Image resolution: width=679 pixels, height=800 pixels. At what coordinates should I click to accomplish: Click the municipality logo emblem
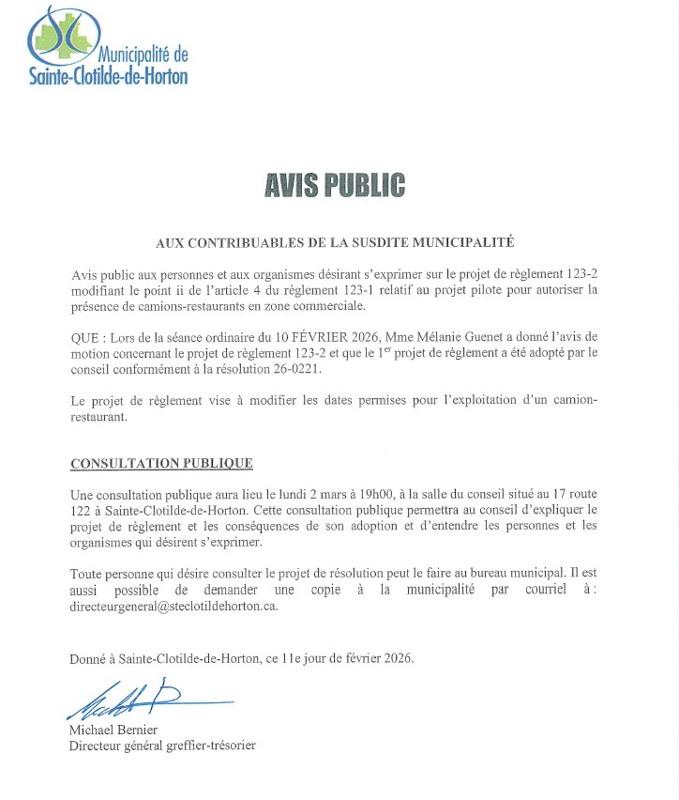pos(64,36)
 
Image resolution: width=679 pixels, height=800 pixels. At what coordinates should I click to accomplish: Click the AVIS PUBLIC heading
pos(335,185)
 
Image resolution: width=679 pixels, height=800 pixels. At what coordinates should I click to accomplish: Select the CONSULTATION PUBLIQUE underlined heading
pos(161,464)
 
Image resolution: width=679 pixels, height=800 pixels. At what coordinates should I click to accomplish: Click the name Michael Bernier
pos(113,730)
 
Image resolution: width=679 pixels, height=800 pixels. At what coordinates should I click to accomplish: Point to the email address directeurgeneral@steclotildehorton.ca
pos(174,606)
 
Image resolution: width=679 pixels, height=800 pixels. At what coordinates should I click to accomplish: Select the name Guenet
pos(458,337)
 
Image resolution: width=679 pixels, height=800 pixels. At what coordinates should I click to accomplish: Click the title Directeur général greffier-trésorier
pos(162,746)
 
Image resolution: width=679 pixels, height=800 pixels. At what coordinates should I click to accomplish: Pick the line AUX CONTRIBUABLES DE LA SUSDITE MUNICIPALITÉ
pos(335,242)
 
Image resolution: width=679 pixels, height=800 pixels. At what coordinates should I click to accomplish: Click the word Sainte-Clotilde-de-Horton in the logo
pos(108,76)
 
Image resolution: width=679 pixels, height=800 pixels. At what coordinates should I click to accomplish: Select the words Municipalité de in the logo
pos(141,54)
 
